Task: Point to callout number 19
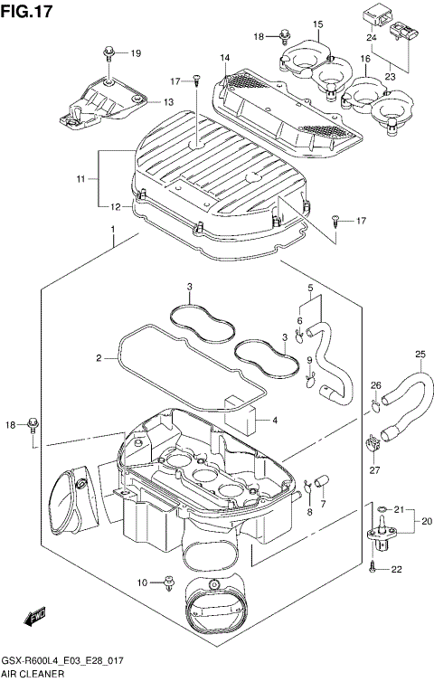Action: tap(136, 54)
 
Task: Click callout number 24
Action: tap(372, 38)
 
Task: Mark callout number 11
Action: tap(80, 180)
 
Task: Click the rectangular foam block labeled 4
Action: tap(243, 410)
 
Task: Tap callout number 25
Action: tap(419, 354)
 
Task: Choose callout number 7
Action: tap(323, 503)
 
